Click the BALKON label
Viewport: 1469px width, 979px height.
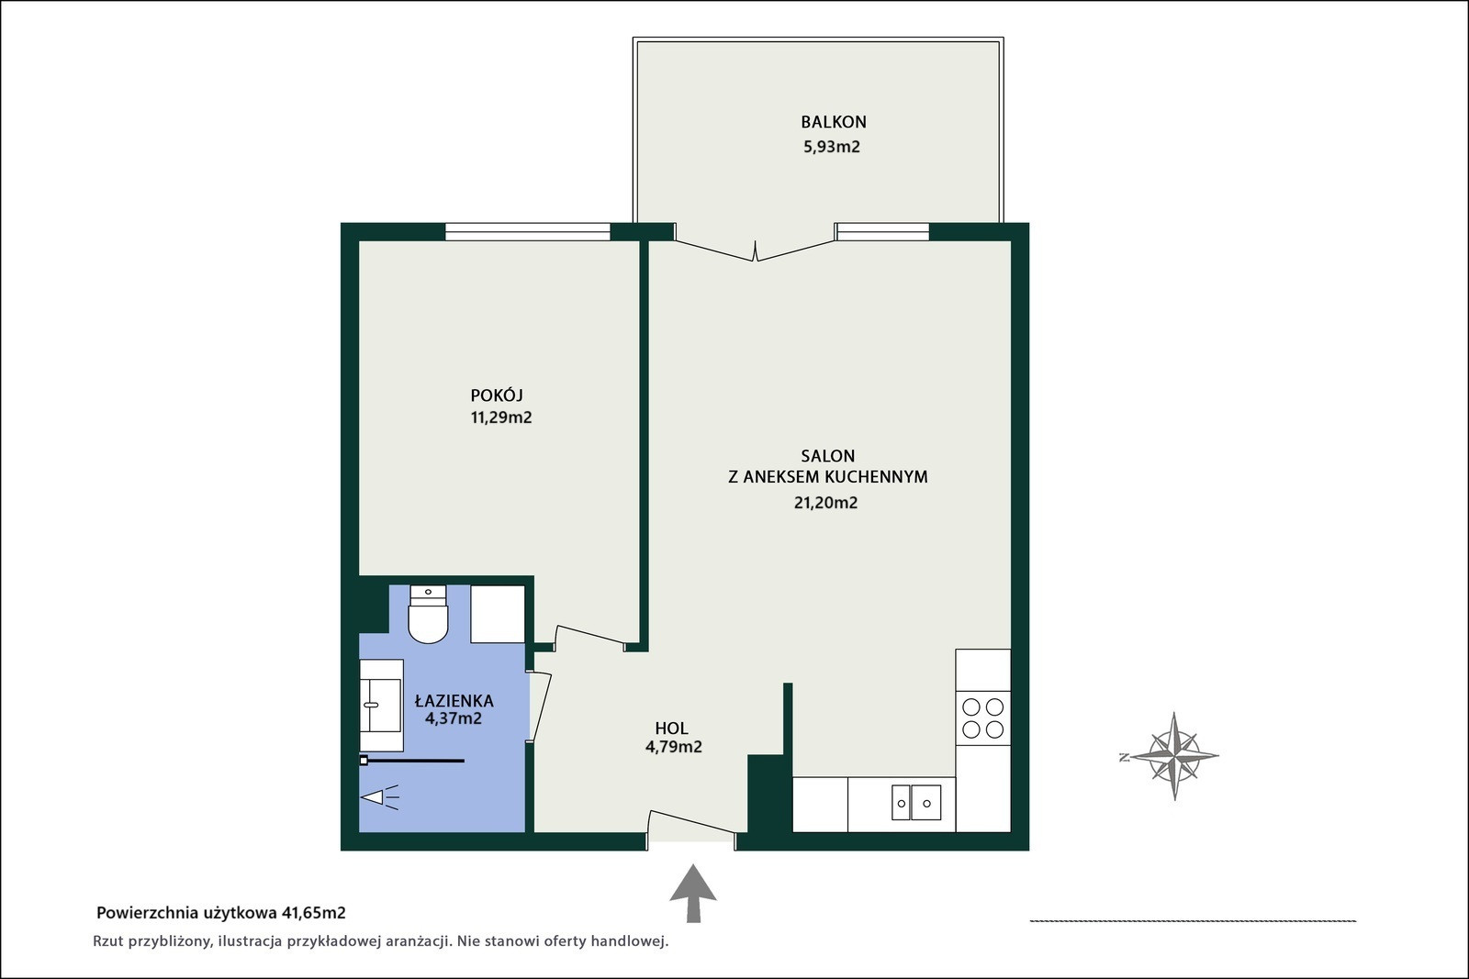coord(834,122)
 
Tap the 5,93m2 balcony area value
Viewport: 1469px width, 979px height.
coord(832,147)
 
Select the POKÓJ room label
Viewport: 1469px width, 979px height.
coord(497,395)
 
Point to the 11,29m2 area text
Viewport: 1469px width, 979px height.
coord(501,417)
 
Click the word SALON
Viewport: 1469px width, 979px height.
coord(827,455)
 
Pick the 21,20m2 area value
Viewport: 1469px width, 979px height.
coord(825,503)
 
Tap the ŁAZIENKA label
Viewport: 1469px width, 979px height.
coord(454,700)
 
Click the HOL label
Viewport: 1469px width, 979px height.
coord(671,728)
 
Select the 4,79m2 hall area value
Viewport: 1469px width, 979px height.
coord(674,747)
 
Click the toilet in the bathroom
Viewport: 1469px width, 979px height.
coord(428,614)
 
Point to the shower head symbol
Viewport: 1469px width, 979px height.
coord(380,797)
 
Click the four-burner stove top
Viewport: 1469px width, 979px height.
coord(982,718)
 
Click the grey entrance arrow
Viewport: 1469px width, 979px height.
coord(693,893)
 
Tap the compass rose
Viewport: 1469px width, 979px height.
coord(1173,756)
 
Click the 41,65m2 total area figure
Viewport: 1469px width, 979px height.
coord(313,913)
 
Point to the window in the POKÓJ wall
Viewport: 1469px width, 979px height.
coord(527,231)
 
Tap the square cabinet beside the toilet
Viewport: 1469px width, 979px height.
coord(498,614)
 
